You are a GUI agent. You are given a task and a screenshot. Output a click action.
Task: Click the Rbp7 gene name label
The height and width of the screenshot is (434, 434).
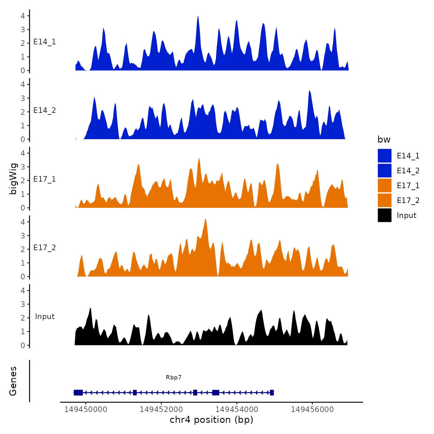click(174, 377)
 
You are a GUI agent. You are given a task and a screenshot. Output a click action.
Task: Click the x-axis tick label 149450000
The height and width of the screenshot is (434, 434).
click(86, 409)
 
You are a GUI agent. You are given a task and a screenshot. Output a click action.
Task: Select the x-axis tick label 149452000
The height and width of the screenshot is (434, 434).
click(161, 409)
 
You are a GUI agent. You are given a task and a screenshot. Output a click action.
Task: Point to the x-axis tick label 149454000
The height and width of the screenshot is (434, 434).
click(237, 409)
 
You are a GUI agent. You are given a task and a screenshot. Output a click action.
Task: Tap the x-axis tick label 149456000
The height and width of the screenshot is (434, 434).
click(312, 409)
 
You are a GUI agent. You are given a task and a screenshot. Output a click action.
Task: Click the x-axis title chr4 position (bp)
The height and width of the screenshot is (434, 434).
click(211, 420)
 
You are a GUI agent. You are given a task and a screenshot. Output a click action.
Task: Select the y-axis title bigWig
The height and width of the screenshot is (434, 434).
click(13, 179)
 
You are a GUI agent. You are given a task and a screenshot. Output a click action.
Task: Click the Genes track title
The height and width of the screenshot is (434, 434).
click(13, 381)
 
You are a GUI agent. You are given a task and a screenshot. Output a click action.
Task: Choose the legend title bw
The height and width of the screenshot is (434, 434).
click(384, 139)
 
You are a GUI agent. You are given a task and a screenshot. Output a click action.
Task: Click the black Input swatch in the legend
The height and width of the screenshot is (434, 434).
click(384, 215)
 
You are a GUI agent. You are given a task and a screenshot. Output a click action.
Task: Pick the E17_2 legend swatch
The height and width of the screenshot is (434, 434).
click(384, 200)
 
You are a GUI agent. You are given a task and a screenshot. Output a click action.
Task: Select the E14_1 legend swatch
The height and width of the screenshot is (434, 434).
click(384, 156)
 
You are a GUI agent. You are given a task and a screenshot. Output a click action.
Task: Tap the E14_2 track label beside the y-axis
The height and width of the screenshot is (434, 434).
click(45, 110)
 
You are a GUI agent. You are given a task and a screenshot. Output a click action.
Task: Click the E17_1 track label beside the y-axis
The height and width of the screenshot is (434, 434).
click(45, 179)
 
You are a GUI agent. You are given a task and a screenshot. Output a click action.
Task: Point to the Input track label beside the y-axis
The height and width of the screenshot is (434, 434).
click(45, 316)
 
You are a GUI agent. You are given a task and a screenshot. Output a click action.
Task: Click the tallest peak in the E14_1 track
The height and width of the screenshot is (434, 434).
click(198, 17)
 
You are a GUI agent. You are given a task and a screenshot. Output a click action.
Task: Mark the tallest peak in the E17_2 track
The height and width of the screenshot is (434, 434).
click(205, 220)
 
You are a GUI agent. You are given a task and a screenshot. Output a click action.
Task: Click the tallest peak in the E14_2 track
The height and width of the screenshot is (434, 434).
click(309, 91)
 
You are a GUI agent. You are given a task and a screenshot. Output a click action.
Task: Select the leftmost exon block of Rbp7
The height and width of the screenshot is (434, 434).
click(78, 392)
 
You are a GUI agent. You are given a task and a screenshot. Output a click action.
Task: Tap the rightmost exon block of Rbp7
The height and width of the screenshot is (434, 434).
click(272, 392)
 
